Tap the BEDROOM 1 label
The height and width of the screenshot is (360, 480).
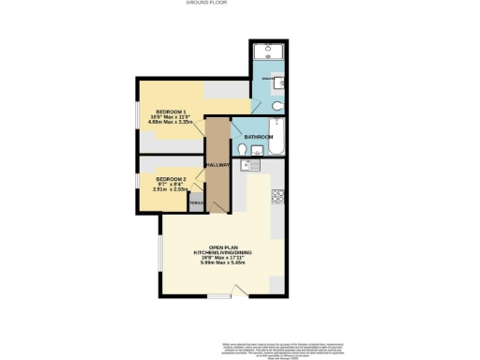click(171, 109)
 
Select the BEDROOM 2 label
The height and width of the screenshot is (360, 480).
click(171, 179)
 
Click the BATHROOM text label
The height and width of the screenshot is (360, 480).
click(259, 138)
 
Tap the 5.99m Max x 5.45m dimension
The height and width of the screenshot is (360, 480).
click(221, 263)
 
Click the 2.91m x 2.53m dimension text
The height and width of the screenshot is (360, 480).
click(171, 189)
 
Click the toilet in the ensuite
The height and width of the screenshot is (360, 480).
click(283, 100)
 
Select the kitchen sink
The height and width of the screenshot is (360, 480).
click(248, 168)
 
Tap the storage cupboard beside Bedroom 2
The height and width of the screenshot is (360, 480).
click(196, 203)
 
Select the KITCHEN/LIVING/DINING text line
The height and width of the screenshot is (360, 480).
click(221, 252)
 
